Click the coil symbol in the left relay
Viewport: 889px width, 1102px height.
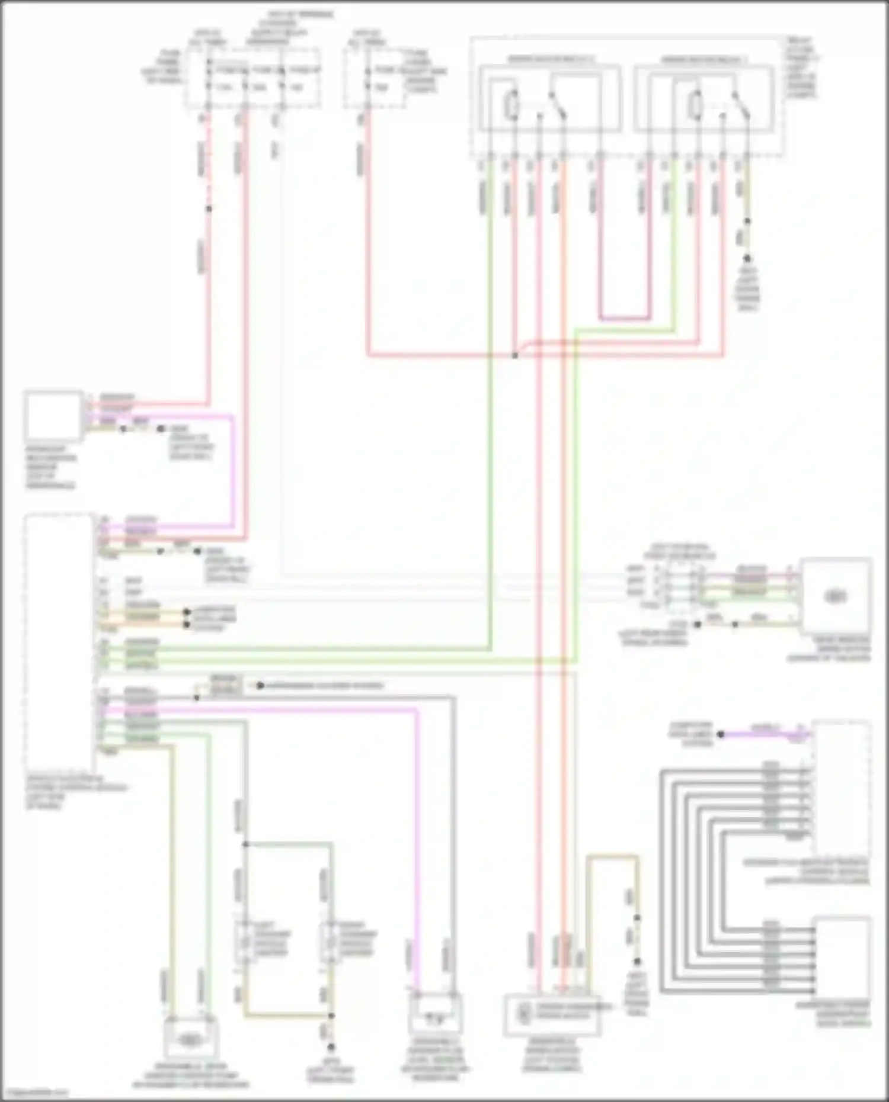[x=511, y=105]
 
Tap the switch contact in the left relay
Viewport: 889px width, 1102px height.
[x=558, y=105]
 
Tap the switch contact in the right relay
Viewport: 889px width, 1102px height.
[x=741, y=105]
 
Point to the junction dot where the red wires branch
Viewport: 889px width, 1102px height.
[x=515, y=355]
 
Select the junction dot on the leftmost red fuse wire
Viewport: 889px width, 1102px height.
[x=208, y=208]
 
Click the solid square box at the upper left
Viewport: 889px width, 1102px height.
[x=53, y=416]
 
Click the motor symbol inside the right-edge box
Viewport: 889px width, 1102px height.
[x=836, y=596]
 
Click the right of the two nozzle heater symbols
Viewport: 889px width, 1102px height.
[x=330, y=941]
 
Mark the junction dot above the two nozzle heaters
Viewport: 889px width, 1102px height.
[x=244, y=844]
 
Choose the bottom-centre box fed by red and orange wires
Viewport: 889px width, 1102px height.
[x=549, y=1015]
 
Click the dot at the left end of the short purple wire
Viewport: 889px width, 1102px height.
[x=721, y=734]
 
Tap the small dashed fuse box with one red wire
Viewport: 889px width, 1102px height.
[x=375, y=79]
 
